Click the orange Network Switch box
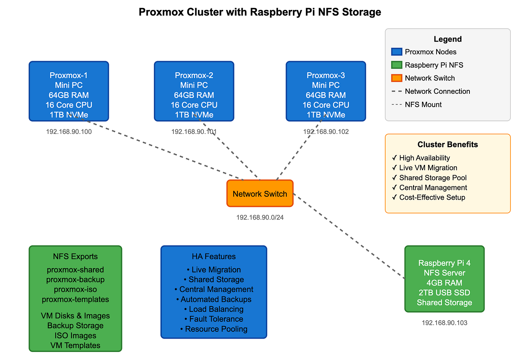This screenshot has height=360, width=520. pyautogui.click(x=260, y=194)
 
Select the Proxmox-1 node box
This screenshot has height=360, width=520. pyautogui.click(x=69, y=91)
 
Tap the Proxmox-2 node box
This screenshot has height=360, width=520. pyautogui.click(x=194, y=91)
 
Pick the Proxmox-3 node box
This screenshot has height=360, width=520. pyautogui.click(x=325, y=91)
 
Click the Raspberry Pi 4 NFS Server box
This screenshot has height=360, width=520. pyautogui.click(x=444, y=279)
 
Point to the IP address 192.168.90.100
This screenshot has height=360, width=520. pyautogui.click(x=69, y=132)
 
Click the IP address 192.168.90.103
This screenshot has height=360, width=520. pyautogui.click(x=444, y=323)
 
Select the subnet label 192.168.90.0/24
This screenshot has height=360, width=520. pyautogui.click(x=260, y=218)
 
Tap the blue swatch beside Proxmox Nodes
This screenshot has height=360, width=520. pyautogui.click(x=396, y=52)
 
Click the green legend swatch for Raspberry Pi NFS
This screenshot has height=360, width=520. pyautogui.click(x=396, y=65)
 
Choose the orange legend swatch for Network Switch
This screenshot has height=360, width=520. pyautogui.click(x=396, y=78)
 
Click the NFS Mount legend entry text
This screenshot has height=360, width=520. pyautogui.click(x=423, y=104)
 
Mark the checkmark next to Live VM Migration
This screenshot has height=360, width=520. pyautogui.click(x=394, y=168)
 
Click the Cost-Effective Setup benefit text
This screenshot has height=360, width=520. pyautogui.click(x=432, y=197)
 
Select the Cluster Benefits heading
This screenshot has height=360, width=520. pyautogui.click(x=448, y=145)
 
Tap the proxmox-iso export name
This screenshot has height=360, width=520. pyautogui.click(x=75, y=290)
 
